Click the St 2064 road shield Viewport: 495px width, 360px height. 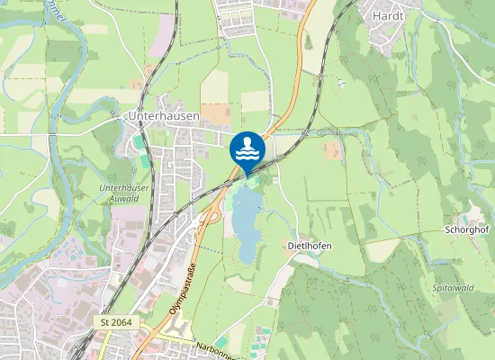click(117, 321)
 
